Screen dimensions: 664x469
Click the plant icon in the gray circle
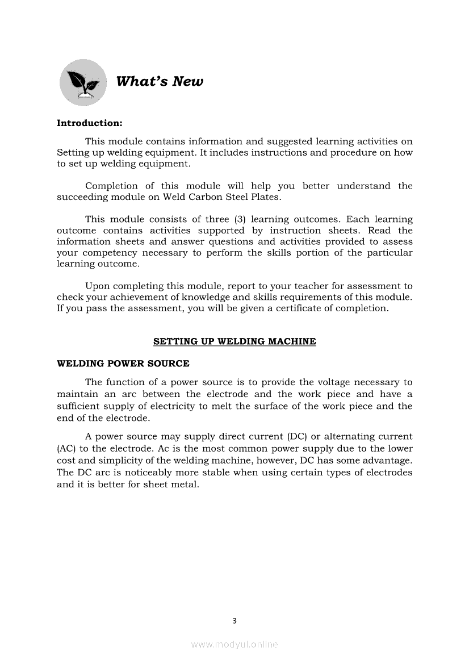pyautogui.click(x=83, y=83)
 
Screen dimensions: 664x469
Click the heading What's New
pyautogui.click(x=159, y=82)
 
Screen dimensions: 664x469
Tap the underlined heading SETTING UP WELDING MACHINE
pyautogui.click(x=235, y=341)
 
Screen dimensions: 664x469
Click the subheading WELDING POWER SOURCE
pyautogui.click(x=123, y=364)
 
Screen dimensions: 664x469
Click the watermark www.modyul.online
pyautogui.click(x=235, y=644)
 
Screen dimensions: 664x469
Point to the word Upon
pyautogui.click(x=96, y=286)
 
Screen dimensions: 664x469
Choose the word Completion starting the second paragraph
pyautogui.click(x=111, y=186)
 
